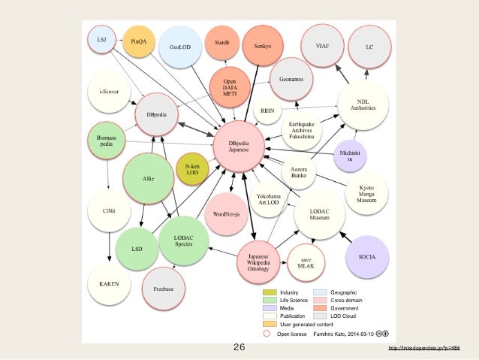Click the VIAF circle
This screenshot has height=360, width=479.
[x=325, y=46]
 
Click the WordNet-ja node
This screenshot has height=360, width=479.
[x=226, y=214]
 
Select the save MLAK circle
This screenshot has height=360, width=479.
[x=305, y=263]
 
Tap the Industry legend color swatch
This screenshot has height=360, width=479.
[x=270, y=292]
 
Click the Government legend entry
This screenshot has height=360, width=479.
[x=345, y=308]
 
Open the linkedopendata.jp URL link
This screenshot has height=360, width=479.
[x=423, y=347]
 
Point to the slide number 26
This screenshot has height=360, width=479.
[x=239, y=347]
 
